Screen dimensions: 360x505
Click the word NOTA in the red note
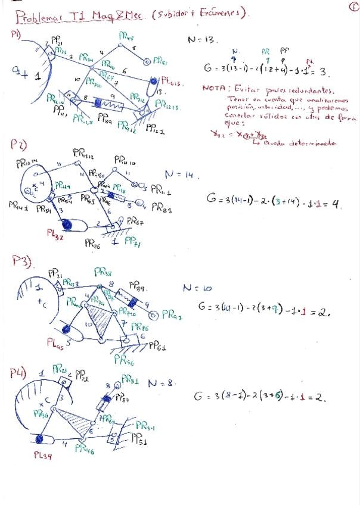coord(213,88)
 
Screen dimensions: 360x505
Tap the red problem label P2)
coord(17,145)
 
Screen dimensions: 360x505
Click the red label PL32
coord(55,233)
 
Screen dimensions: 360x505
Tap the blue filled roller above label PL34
coord(41,439)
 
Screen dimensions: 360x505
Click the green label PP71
coord(132,241)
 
